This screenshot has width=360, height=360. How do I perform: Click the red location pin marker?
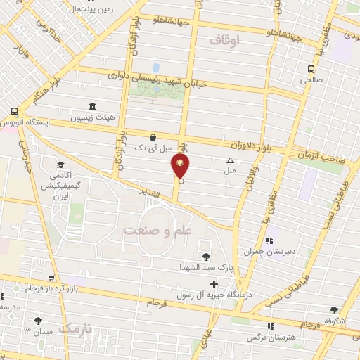tap(180, 167)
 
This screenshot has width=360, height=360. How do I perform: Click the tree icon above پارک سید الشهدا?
tap(206, 257)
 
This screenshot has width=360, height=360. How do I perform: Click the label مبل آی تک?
tap(153, 148)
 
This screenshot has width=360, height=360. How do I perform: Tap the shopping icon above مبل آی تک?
tap(153, 137)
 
